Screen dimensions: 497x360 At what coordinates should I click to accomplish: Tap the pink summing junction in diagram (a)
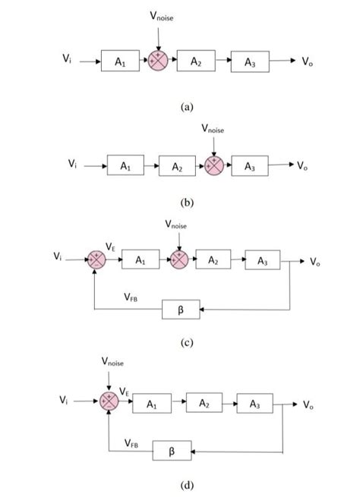pyautogui.click(x=158, y=61)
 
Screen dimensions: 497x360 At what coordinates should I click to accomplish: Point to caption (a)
pyautogui.click(x=188, y=108)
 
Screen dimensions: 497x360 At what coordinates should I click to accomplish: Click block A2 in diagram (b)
pyautogui.click(x=177, y=165)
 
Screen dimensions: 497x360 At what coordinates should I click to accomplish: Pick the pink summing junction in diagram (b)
pyautogui.click(x=215, y=165)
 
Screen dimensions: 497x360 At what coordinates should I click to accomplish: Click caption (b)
pyautogui.click(x=188, y=203)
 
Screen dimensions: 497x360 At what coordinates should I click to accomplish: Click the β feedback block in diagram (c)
pyautogui.click(x=181, y=310)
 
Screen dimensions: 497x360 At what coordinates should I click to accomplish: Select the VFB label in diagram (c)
pyautogui.click(x=130, y=299)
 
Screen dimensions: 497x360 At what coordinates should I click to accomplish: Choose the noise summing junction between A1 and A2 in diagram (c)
pyautogui.click(x=178, y=260)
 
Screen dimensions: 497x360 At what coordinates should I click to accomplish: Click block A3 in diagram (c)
pyautogui.click(x=262, y=261)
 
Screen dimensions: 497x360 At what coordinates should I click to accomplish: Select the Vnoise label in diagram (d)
pyautogui.click(x=114, y=362)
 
